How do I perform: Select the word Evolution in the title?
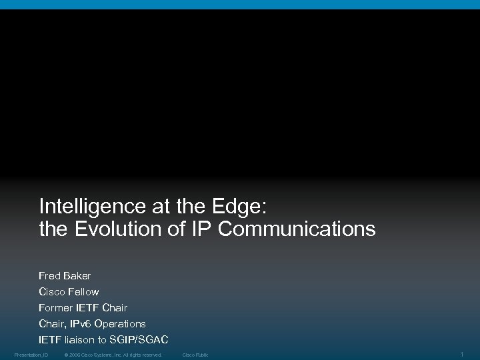point(113,229)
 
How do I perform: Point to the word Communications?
point(298,229)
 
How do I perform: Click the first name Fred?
point(49,275)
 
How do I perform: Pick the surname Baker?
point(77,275)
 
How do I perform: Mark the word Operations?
point(120,323)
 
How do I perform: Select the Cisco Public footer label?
point(195,355)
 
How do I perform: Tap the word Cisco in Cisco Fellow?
point(52,291)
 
